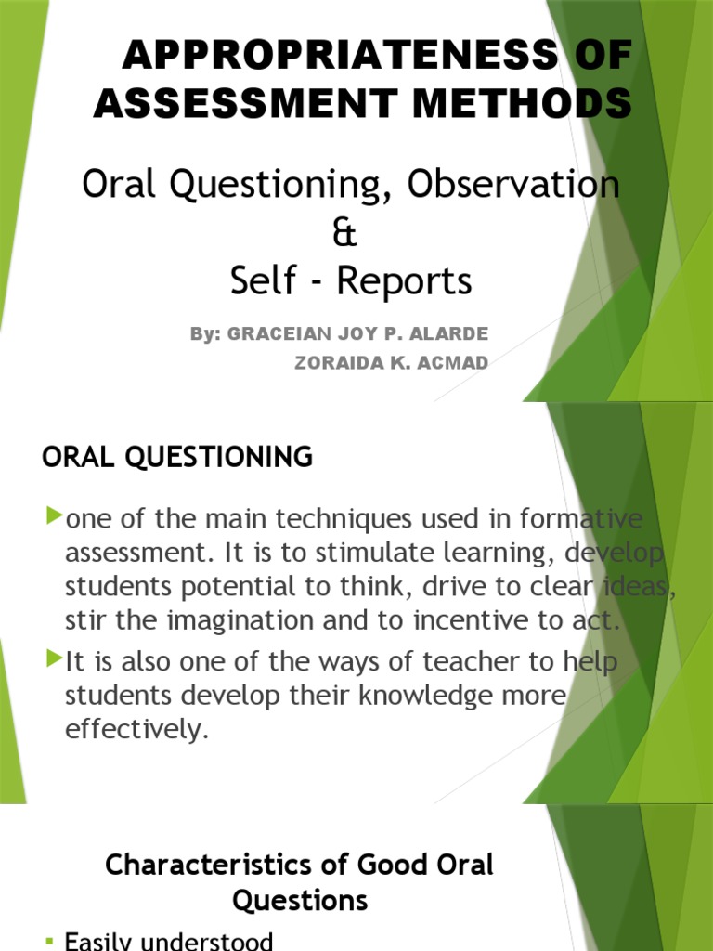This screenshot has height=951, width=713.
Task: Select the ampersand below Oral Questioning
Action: pyautogui.click(x=344, y=234)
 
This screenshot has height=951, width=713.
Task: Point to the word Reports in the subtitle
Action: pyautogui.click(x=404, y=281)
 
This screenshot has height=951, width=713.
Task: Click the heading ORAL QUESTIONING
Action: pyautogui.click(x=177, y=457)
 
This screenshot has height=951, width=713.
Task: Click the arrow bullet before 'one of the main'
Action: pyautogui.click(x=54, y=515)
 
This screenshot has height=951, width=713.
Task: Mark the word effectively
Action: pyautogui.click(x=133, y=729)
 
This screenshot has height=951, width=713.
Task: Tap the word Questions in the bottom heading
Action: pyautogui.click(x=300, y=900)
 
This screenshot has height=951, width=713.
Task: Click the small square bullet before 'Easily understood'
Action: pyautogui.click(x=49, y=943)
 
